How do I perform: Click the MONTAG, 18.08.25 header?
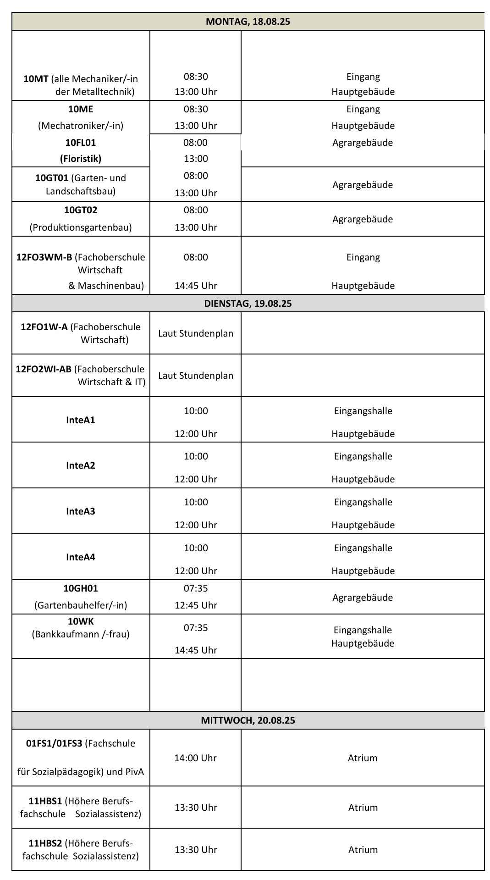click(x=248, y=22)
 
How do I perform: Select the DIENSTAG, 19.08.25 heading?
click(x=248, y=304)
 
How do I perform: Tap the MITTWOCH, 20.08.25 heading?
click(x=248, y=720)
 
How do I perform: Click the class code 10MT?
click(x=36, y=79)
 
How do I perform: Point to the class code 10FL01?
click(x=81, y=143)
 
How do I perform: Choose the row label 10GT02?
click(x=81, y=210)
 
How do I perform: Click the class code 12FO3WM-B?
click(x=44, y=257)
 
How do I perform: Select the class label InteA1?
click(x=81, y=420)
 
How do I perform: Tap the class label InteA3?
click(x=81, y=511)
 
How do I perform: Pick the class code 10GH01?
click(x=81, y=588)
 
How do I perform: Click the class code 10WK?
click(x=81, y=622)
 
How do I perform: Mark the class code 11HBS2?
click(x=45, y=843)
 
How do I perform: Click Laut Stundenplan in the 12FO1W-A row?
click(x=196, y=333)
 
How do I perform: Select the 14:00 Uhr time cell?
click(x=195, y=758)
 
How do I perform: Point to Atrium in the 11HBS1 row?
click(x=363, y=808)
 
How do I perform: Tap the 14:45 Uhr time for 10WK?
click(x=196, y=650)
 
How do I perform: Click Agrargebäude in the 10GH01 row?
click(x=363, y=598)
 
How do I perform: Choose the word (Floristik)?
click(x=81, y=159)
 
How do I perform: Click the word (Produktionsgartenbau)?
click(x=81, y=227)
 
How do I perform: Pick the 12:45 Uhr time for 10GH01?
click(x=196, y=605)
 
